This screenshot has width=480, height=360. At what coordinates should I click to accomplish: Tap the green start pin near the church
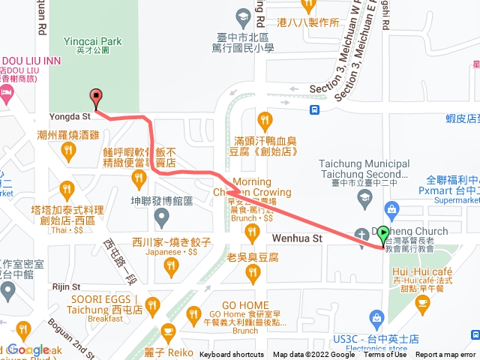[384, 234]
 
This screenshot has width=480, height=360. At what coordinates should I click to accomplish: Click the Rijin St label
[66, 286]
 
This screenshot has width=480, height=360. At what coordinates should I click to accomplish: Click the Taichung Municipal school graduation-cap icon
[364, 199]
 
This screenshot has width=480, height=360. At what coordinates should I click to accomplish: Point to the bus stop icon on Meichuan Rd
[316, 109]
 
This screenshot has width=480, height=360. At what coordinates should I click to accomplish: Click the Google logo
[28, 349]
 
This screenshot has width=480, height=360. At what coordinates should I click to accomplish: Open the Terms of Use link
[385, 355]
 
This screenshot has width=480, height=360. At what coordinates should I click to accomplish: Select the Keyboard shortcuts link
[232, 355]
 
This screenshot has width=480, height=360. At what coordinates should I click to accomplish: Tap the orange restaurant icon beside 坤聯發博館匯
[138, 178]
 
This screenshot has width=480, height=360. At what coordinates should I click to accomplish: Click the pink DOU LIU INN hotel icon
[7, 94]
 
